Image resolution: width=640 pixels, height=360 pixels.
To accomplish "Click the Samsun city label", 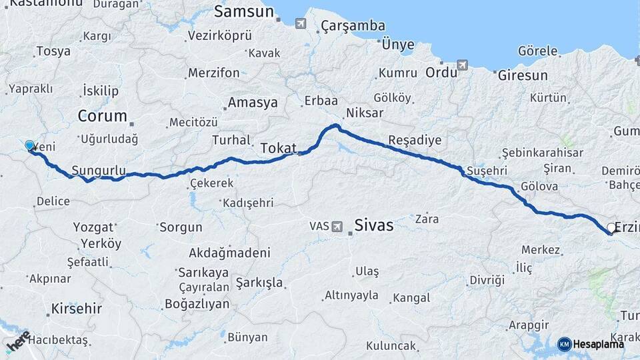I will point(244,11).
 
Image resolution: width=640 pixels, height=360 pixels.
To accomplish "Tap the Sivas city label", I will point(373,225).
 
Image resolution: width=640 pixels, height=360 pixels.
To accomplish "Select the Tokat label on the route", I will point(278,148).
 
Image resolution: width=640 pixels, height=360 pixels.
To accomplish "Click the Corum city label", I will point(102,116).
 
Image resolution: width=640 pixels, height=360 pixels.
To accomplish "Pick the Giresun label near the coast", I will point(523,75).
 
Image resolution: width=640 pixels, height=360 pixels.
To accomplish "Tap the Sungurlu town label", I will point(99,170).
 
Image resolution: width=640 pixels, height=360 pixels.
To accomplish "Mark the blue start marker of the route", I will point(29,145).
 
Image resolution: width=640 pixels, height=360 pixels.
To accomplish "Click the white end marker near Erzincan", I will point(611,228).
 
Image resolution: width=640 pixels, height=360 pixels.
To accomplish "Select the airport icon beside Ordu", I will point(462,65).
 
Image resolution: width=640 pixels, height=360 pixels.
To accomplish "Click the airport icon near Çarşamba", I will point(301,24).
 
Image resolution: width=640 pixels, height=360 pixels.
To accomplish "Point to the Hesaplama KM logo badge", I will point(564,344).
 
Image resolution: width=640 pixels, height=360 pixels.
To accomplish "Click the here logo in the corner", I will point(17,341).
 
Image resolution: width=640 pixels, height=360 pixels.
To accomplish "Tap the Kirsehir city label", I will point(77,309).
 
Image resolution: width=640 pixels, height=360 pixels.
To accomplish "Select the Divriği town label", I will point(484,279).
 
